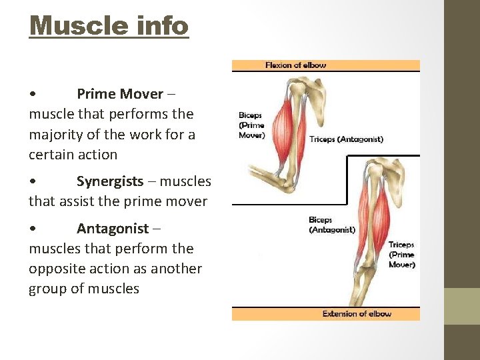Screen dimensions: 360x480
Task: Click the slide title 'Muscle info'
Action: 109,26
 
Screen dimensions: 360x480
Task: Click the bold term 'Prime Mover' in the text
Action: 119,94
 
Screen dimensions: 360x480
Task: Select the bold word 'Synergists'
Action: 109,181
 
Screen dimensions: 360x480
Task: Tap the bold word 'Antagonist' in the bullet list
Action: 113,229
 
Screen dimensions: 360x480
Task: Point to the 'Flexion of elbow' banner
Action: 295,65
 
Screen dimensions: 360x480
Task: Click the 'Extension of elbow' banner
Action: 357,313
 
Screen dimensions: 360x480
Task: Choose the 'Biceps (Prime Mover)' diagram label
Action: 252,125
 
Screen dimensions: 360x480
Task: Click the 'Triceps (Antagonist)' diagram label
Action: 346,139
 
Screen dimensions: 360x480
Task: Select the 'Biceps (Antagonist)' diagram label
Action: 331,225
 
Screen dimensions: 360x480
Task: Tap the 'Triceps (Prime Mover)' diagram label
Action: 401,255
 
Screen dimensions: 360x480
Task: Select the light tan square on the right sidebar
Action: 462,306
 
